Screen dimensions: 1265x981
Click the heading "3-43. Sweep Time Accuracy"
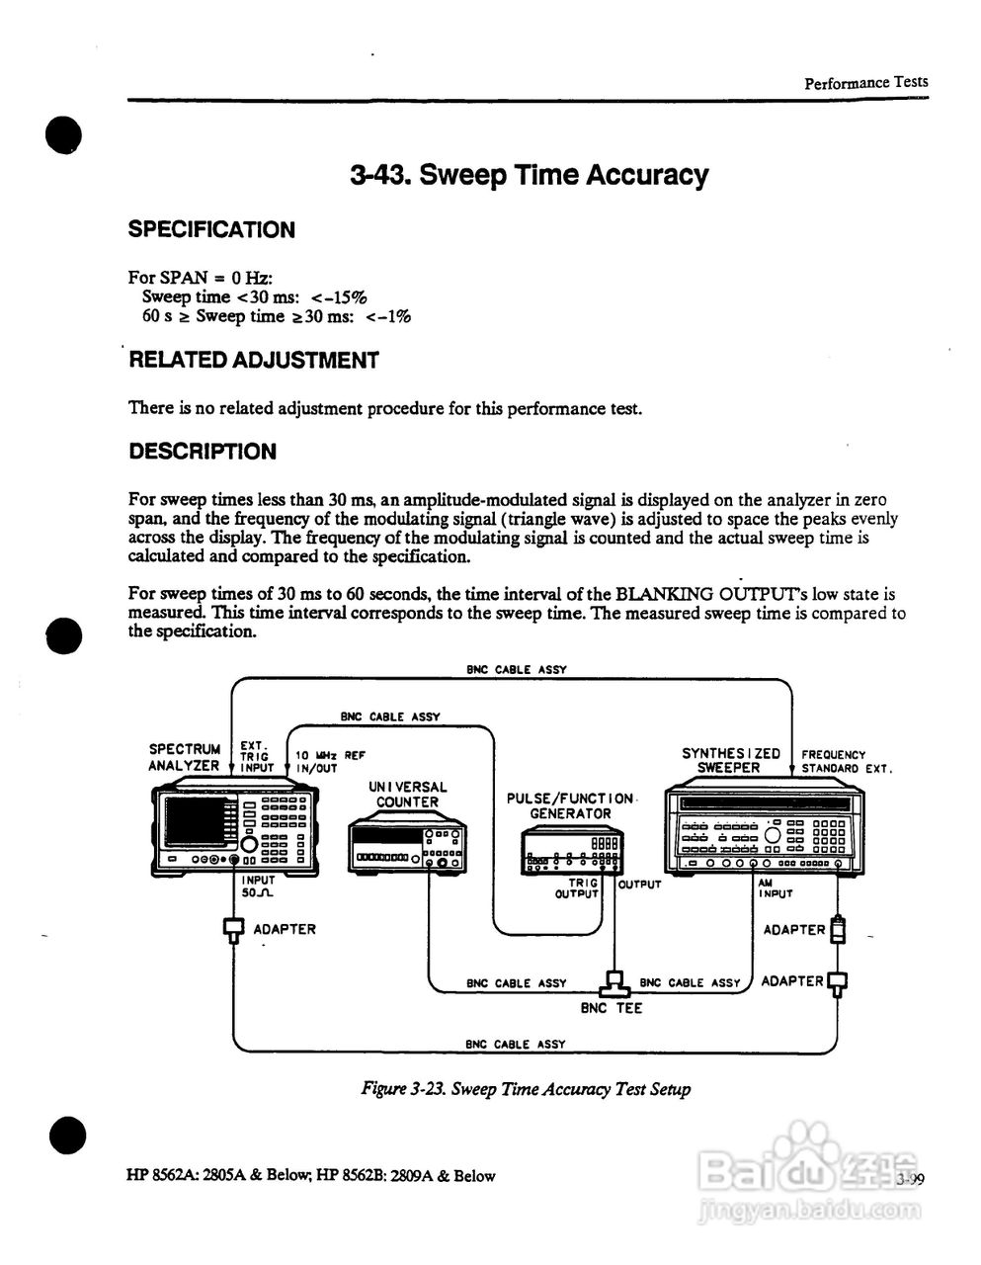click(x=529, y=176)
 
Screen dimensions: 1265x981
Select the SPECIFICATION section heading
click(x=211, y=230)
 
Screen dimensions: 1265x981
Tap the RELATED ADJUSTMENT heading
click(x=254, y=361)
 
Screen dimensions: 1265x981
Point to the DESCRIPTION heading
click(x=203, y=453)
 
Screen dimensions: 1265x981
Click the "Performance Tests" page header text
click(x=865, y=83)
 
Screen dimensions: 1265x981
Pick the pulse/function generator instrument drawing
click(x=572, y=852)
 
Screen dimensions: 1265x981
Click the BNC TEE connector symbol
click(x=614, y=984)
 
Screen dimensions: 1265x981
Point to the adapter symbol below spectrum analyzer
click(x=234, y=929)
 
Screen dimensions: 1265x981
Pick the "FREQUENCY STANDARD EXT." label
click(x=846, y=761)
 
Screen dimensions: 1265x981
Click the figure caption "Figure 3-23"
click(x=526, y=1089)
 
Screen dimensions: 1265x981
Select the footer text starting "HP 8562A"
click(x=311, y=1176)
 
